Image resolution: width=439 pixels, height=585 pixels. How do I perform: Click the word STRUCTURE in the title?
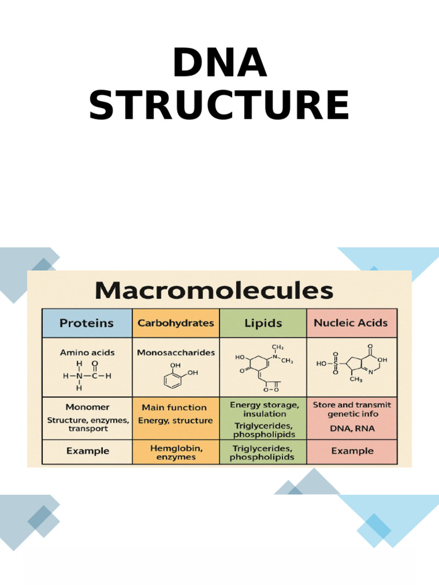coord(219,106)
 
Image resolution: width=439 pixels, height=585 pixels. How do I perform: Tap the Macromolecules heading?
coord(214,291)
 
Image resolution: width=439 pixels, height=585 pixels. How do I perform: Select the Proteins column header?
coord(86,323)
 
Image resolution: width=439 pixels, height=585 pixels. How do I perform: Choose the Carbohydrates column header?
coord(176,323)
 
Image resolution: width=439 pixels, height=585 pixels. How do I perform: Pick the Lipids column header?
coord(263,323)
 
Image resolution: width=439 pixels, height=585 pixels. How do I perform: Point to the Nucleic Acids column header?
coord(352,323)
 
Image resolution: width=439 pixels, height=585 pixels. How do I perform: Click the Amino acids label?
coord(87,352)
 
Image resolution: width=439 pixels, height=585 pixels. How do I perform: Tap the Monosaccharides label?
coord(176,352)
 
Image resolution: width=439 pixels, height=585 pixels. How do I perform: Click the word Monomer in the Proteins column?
coord(87,407)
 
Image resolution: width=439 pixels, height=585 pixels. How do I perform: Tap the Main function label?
coord(174,407)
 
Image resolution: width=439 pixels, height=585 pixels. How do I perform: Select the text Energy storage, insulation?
coord(264,409)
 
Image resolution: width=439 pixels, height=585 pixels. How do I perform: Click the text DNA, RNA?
coord(352,428)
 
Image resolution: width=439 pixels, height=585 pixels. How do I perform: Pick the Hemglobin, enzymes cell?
coord(176,451)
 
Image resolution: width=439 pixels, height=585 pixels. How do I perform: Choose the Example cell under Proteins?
coord(87,451)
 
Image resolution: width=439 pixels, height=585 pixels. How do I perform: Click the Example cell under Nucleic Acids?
coord(352,451)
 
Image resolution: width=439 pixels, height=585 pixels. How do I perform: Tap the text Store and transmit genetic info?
coord(352,409)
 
